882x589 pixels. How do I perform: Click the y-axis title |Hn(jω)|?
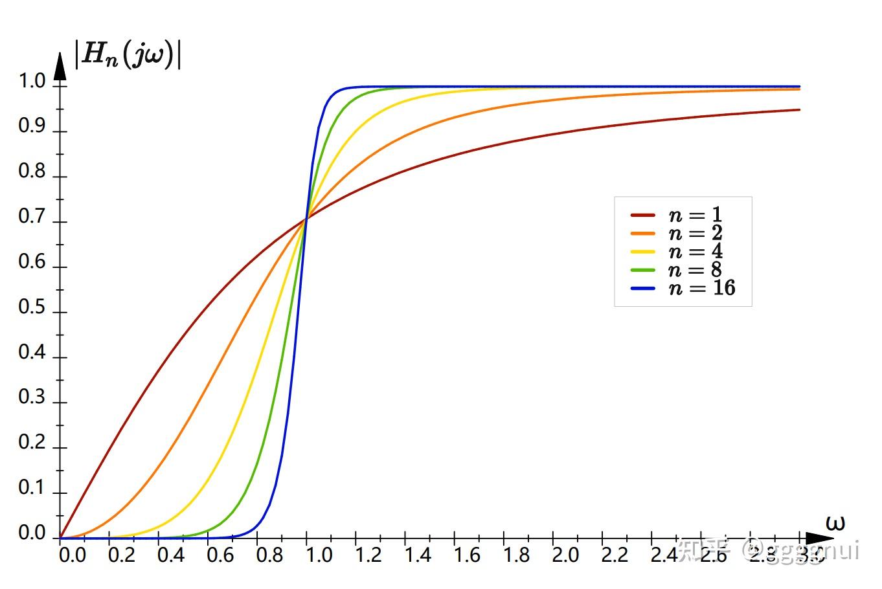[128, 55]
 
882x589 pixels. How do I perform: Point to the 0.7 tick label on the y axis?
[32, 217]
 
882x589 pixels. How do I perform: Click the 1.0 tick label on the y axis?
[32, 82]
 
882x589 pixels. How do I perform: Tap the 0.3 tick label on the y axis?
[32, 397]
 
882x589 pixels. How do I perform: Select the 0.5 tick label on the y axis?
[32, 307]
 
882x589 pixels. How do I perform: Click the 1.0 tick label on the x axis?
[319, 555]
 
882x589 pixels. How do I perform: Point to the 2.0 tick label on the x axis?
[565, 555]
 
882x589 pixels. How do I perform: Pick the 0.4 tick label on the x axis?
[170, 555]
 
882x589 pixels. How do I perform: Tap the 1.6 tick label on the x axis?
[466, 555]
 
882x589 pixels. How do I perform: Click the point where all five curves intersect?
[306, 218]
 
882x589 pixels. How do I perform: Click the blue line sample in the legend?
[642, 288]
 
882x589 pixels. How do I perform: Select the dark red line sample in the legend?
[642, 216]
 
